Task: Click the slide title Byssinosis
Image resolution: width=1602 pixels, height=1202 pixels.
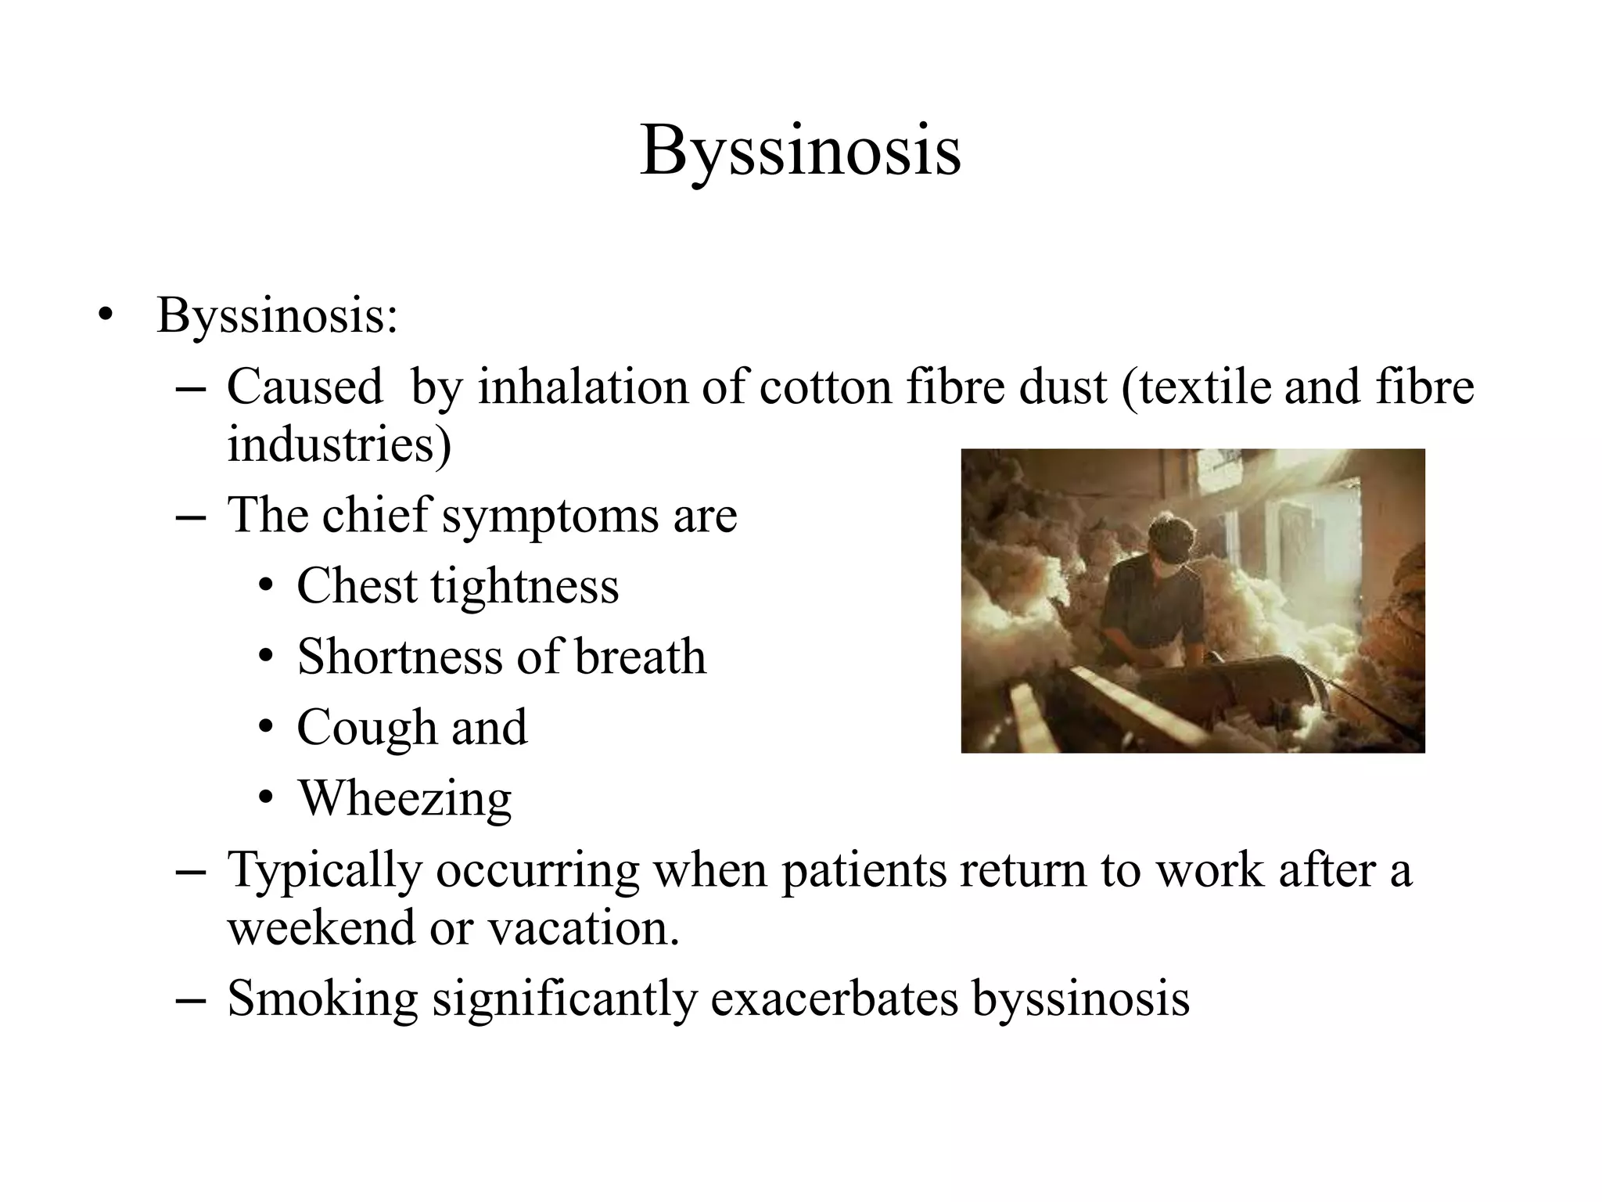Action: (800, 150)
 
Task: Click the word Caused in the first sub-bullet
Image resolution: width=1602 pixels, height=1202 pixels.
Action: (305, 387)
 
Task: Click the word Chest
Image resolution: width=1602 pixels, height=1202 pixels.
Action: (357, 586)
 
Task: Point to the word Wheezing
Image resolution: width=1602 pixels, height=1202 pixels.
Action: (405, 799)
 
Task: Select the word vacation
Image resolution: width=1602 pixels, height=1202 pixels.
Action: (584, 927)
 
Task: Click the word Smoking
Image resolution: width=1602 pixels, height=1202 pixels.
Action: (322, 999)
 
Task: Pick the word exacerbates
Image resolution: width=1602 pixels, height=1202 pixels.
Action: (834, 999)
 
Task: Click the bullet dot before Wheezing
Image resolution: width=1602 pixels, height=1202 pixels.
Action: (266, 797)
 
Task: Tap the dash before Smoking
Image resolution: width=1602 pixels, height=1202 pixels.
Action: (190, 1001)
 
